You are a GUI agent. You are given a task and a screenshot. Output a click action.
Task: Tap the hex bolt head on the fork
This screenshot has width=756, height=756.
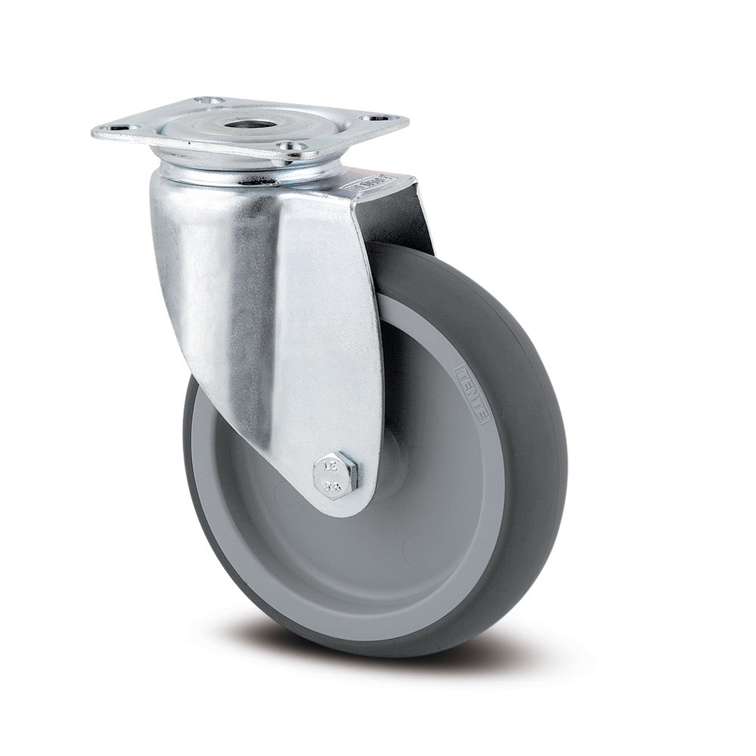coord(336,474)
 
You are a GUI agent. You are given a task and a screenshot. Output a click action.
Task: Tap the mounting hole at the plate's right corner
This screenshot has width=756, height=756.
coord(374,118)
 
